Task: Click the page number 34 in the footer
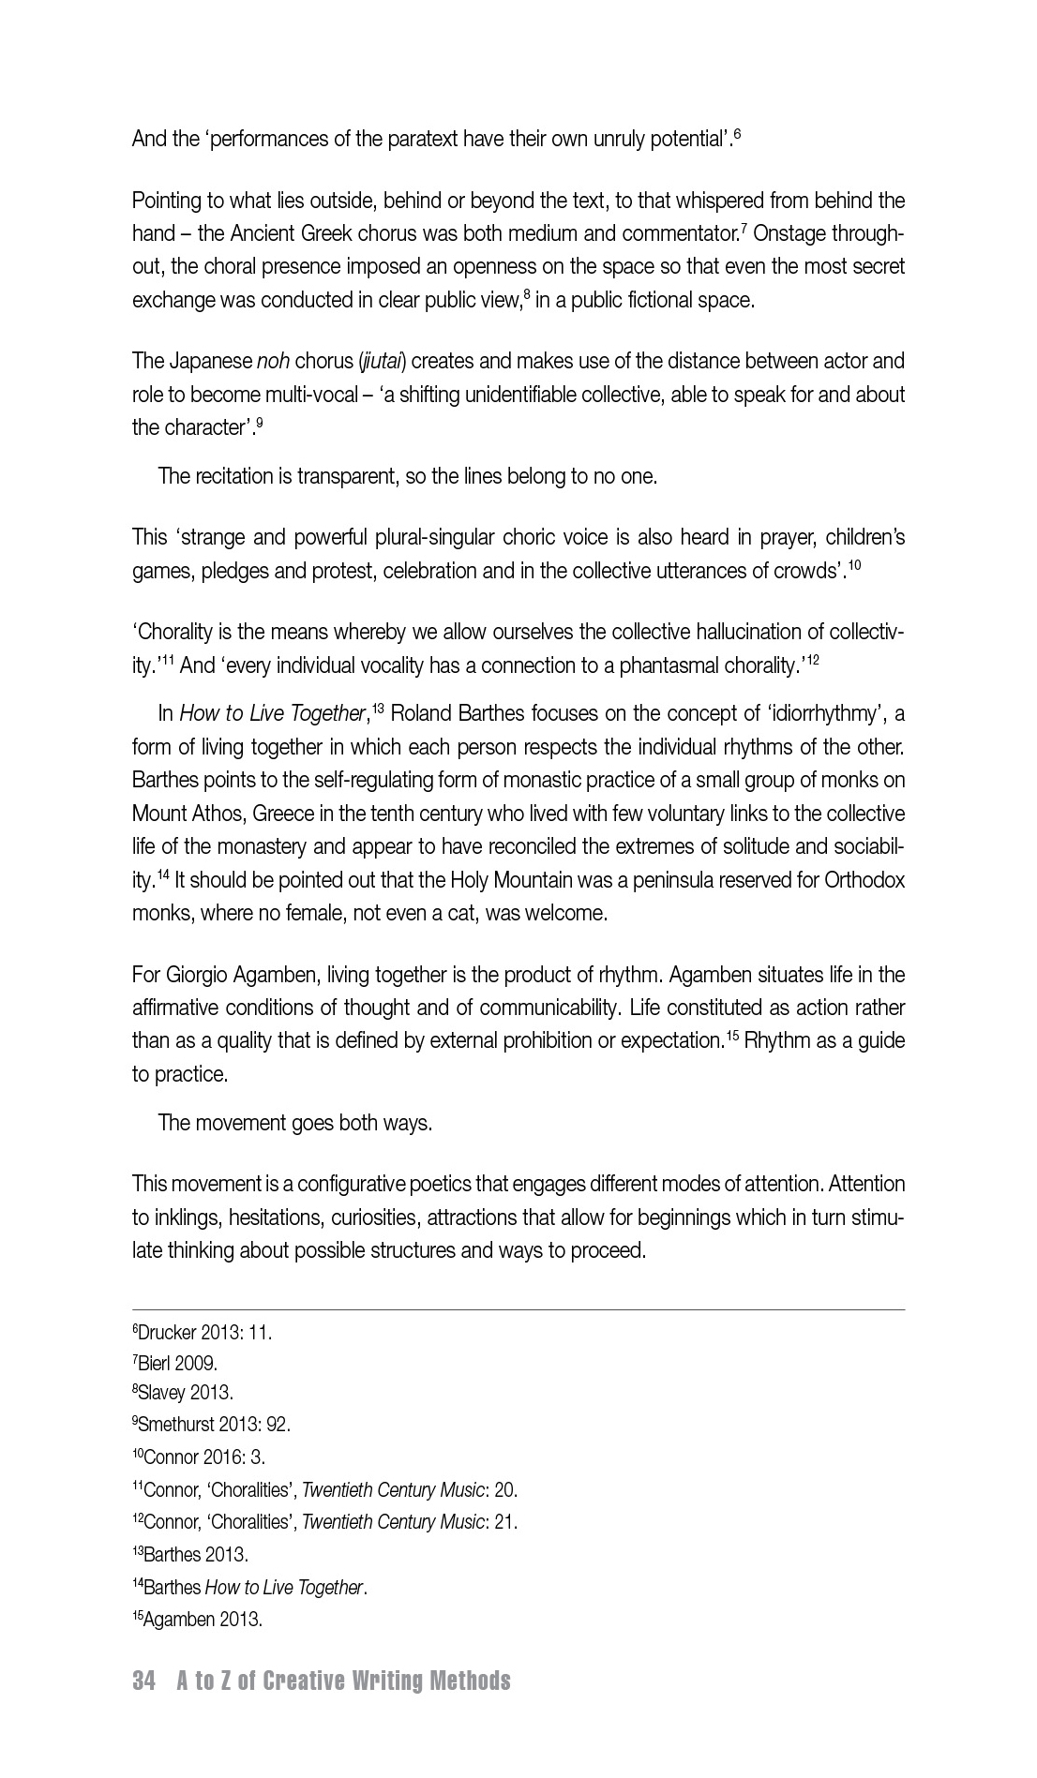[143, 1681]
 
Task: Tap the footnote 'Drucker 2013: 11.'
[204, 1332]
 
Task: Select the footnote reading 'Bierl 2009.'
[177, 1363]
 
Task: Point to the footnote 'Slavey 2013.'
[185, 1393]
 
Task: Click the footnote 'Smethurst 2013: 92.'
[214, 1425]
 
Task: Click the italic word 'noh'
[273, 361]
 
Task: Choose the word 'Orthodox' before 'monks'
[864, 880]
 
